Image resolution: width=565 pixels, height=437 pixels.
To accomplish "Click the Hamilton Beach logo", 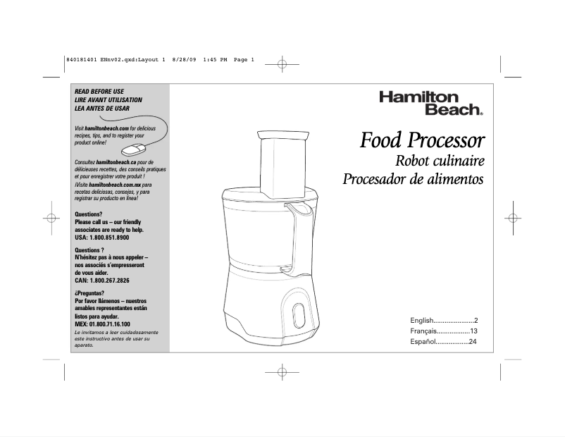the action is pos(431,104).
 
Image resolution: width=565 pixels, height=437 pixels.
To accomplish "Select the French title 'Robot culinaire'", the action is pos(440,161).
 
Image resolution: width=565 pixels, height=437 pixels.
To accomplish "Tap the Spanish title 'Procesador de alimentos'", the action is pos(413,179).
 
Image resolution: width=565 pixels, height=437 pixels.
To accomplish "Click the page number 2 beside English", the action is pos(476,320).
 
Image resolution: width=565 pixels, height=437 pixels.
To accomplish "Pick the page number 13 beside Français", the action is pos(474,331).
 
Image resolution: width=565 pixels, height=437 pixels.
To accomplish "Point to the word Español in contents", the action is pos(423,342).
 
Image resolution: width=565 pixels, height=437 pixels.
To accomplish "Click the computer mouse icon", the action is pos(134,149).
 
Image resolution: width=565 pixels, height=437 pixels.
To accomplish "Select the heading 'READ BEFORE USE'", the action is pos(99,92).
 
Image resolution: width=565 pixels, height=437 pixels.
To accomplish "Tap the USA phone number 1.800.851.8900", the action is pos(109,238).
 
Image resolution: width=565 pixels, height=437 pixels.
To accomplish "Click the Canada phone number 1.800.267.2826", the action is pos(109,281).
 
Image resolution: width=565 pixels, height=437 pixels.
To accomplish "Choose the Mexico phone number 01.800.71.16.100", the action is pos(111,324).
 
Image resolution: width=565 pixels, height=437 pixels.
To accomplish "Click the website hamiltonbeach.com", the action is pos(106,128).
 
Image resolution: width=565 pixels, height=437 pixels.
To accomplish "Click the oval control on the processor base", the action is pos(299,316).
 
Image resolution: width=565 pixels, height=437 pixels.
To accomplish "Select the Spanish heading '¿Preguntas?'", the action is pos(89,293).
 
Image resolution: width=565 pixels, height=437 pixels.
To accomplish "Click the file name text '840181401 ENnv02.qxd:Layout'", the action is pos(113,60).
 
